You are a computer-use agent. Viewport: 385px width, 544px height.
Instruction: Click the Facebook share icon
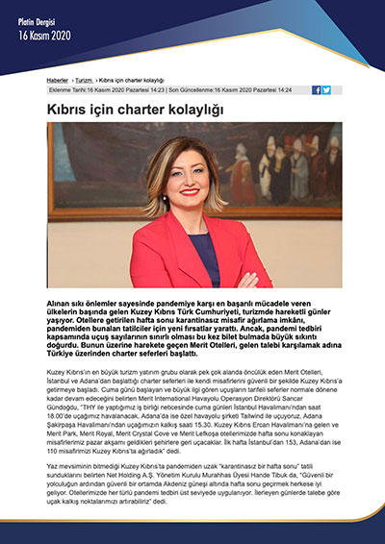tap(317, 89)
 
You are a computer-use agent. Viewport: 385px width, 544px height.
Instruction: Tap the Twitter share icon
tap(326, 89)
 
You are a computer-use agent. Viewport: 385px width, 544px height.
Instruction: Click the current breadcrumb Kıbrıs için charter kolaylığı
tap(132, 80)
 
